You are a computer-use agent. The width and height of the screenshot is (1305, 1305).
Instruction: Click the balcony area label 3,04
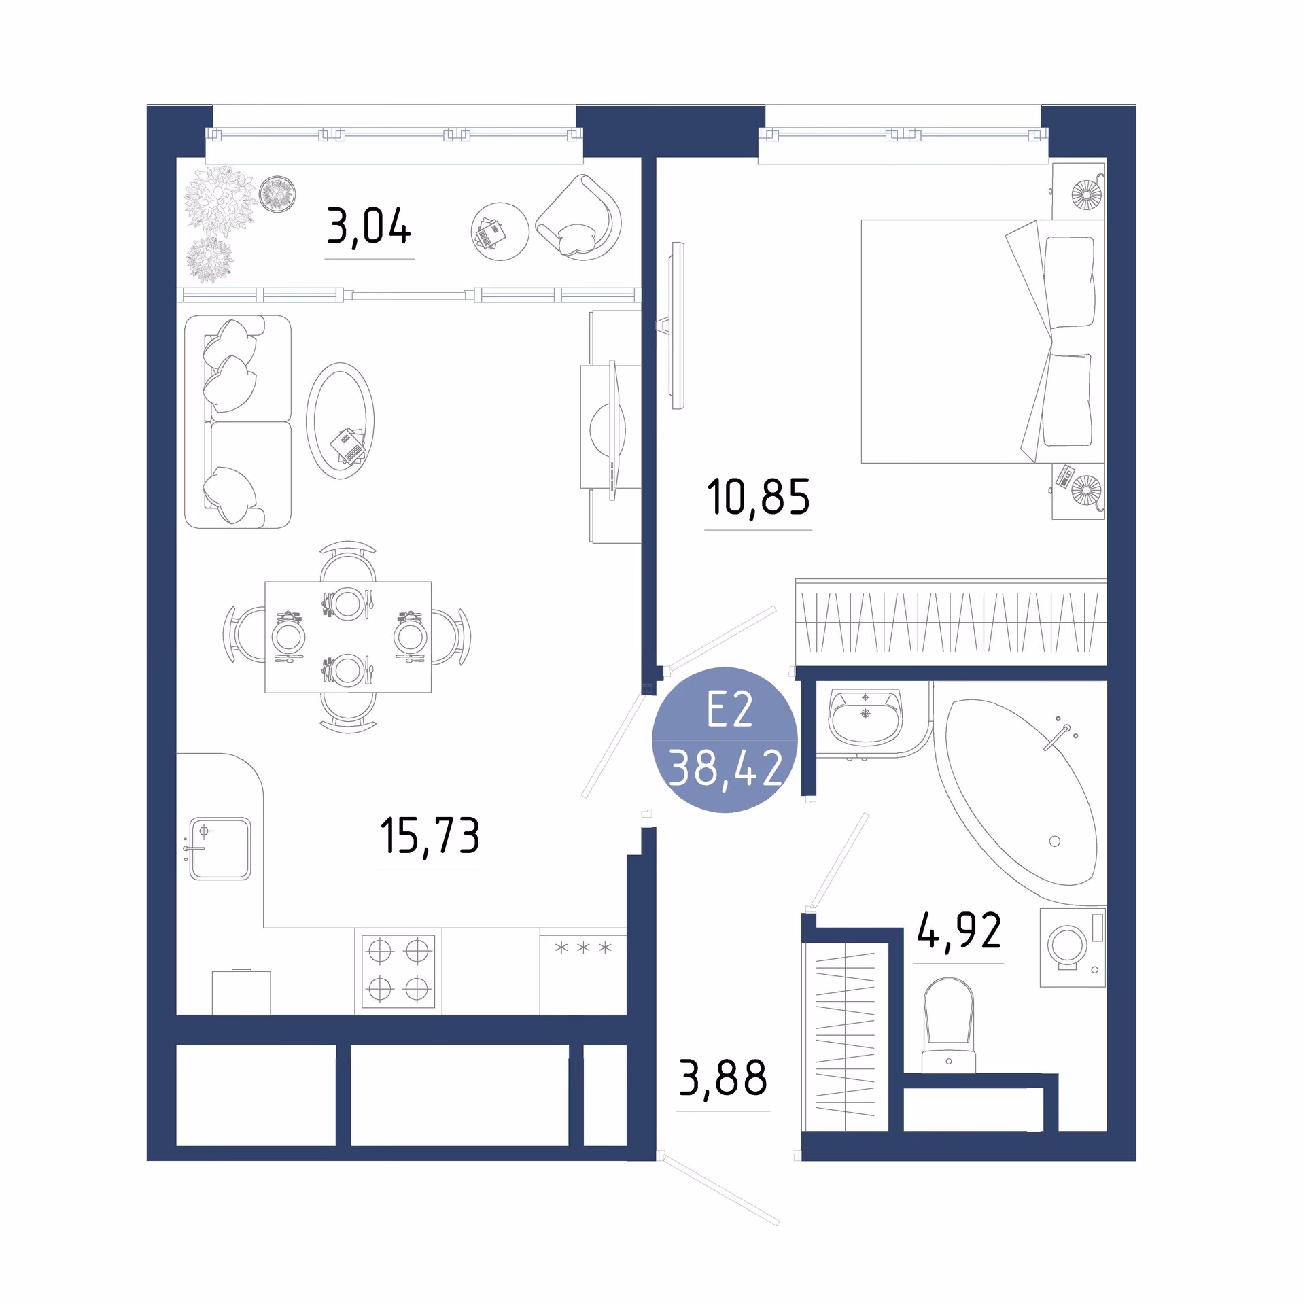click(369, 227)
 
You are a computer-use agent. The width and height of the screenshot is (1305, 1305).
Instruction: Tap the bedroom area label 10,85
click(759, 498)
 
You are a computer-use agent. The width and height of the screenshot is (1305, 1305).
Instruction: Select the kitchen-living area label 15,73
click(430, 836)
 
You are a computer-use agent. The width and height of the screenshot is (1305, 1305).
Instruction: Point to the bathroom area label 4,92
click(959, 930)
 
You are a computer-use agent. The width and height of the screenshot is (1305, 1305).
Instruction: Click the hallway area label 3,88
click(723, 1078)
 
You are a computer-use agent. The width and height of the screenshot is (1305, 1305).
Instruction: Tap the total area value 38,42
click(726, 768)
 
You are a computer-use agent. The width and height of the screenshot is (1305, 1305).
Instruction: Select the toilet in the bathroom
click(948, 1026)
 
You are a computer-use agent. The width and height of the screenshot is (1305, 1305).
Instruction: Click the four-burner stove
click(398, 971)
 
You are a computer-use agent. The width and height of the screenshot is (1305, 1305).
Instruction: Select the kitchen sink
click(220, 849)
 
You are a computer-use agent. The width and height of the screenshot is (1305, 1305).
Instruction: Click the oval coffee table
click(340, 421)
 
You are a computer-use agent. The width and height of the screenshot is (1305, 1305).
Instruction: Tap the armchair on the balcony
click(580, 218)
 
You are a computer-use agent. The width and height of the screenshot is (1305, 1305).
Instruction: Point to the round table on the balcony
click(500, 231)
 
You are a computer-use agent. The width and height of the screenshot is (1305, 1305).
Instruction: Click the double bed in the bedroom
click(983, 341)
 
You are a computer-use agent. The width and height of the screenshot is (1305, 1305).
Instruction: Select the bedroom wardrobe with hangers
click(951, 622)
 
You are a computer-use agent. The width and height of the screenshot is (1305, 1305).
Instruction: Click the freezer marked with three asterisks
click(583, 972)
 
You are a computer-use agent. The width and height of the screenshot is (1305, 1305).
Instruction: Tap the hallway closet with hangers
click(846, 1036)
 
